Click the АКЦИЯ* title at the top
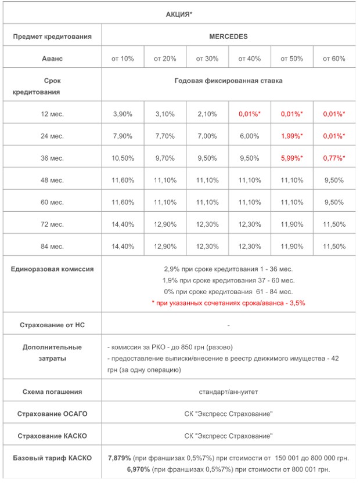[x=180, y=13]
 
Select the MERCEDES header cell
[x=228, y=36]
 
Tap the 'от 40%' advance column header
[x=250, y=59]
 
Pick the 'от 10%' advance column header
[x=123, y=59]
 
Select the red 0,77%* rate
[x=334, y=158]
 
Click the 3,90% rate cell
[x=123, y=114]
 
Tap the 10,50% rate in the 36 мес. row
[x=123, y=158]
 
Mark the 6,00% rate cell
[x=250, y=136]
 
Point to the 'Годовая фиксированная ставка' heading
[x=228, y=81]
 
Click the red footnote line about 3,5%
[x=228, y=303]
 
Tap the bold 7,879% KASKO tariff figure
[x=120, y=458]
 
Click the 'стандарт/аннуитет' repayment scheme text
[x=228, y=392]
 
